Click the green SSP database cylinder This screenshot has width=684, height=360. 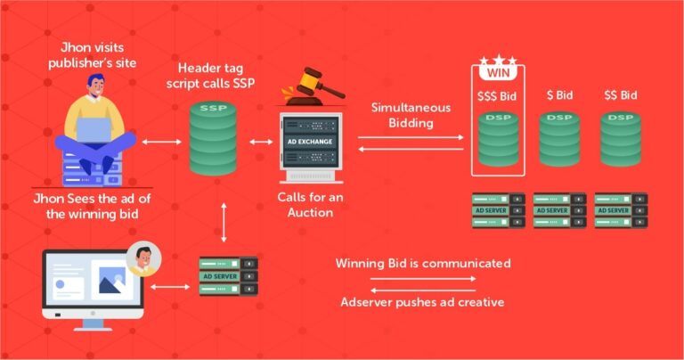[x=214, y=138]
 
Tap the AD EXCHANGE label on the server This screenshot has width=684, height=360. [x=310, y=142]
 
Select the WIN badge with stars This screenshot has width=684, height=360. [x=498, y=68]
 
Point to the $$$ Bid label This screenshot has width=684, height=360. [x=497, y=96]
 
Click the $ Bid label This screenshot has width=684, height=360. [x=559, y=95]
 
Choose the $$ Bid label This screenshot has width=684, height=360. [x=620, y=95]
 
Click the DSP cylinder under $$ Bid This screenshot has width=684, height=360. [x=621, y=139]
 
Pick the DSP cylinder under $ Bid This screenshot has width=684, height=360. [x=559, y=139]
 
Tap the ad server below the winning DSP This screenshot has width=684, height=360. [x=498, y=210]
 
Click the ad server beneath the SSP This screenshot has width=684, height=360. [x=229, y=276]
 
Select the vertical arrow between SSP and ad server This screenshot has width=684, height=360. [x=224, y=222]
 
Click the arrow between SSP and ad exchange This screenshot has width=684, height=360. [x=261, y=142]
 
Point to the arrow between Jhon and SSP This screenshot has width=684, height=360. [x=161, y=142]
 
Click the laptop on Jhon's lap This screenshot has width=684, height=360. [x=94, y=129]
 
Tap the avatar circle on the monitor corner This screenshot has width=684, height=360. [x=144, y=258]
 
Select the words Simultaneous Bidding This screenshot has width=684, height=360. [x=411, y=115]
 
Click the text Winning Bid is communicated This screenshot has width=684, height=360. [x=423, y=264]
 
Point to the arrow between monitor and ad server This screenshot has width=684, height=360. [x=170, y=287]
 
